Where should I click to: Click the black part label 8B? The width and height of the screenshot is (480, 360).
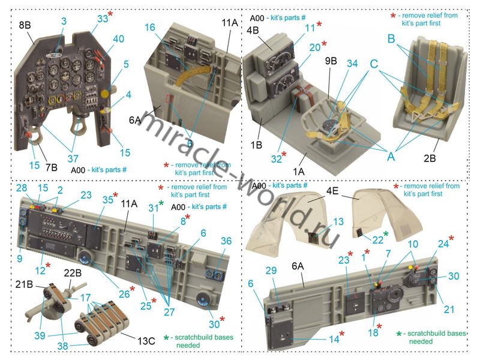tap(25, 25)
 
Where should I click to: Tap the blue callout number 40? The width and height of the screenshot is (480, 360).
tap(118, 39)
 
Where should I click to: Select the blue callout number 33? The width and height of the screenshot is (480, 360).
tap(103, 19)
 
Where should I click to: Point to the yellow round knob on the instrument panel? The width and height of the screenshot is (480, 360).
tap(106, 94)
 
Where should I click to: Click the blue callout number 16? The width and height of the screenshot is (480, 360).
tap(150, 27)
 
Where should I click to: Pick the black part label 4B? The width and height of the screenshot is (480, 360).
tap(253, 31)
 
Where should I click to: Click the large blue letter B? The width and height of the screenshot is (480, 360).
tap(391, 39)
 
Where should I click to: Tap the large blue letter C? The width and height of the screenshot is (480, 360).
tap(374, 64)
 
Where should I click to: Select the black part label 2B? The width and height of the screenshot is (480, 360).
tap(430, 158)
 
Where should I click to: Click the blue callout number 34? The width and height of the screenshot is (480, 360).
tap(352, 64)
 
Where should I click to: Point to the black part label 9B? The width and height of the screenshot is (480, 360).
tap(331, 61)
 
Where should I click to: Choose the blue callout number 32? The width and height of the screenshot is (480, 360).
tap(276, 159)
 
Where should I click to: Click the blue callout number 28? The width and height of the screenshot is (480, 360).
tap(22, 188)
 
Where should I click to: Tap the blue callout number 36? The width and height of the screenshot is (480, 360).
tap(226, 241)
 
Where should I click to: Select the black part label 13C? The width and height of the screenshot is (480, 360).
tap(146, 341)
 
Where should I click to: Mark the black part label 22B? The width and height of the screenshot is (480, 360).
tap(73, 273)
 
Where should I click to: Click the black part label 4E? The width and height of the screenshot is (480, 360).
tap(332, 191)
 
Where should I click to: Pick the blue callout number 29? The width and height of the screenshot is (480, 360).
tap(271, 271)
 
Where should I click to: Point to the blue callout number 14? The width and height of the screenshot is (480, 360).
tap(334, 339)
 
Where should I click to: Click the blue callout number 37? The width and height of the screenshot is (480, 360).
tap(73, 158)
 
